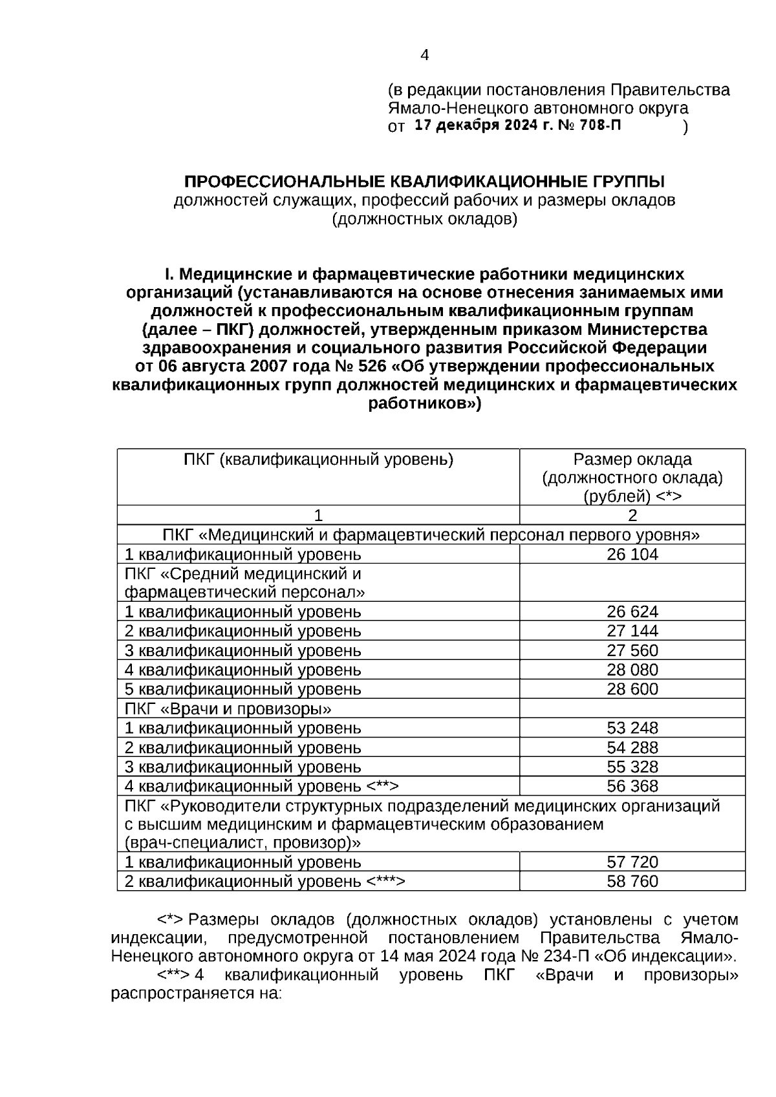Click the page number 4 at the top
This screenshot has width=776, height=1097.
424,56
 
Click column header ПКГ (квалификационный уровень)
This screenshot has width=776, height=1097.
318,460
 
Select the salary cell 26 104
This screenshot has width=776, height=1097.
632,554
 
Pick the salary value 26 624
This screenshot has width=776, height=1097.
632,612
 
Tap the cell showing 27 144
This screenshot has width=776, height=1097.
632,631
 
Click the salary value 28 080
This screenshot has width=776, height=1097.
632,670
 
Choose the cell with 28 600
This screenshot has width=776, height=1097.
632,689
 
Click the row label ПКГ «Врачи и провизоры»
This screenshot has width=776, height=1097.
228,708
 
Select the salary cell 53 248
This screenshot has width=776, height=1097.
632,728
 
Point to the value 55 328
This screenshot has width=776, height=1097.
632,767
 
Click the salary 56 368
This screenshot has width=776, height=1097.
632,786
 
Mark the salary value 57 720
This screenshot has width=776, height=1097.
632,862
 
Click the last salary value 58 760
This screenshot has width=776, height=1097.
632,881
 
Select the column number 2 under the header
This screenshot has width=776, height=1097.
632,515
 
